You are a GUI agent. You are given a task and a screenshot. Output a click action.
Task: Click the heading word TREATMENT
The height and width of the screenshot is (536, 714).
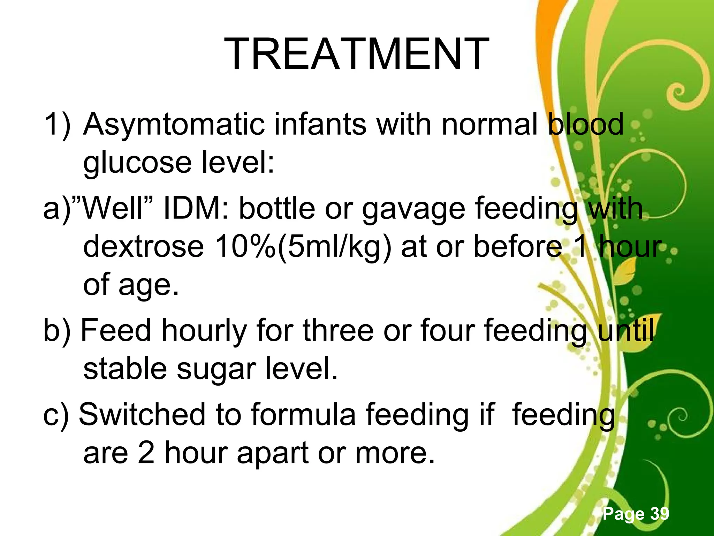point(356,55)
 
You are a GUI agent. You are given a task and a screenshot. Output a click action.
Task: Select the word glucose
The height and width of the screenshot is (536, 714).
point(137,163)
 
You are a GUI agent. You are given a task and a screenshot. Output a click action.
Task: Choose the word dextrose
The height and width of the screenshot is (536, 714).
point(143,247)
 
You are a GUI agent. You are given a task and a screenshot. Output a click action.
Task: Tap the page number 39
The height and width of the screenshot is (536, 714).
point(660,513)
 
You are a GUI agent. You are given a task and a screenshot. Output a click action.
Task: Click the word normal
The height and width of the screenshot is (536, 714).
point(489,125)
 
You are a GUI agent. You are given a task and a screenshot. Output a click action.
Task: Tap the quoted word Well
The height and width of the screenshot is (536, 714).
point(112,209)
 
